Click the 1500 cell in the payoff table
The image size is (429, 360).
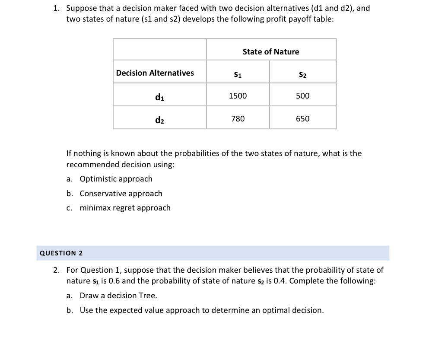pyautogui.click(x=238, y=96)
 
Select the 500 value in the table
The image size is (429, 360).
pyautogui.click(x=302, y=96)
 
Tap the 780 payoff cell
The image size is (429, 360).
pyautogui.click(x=238, y=118)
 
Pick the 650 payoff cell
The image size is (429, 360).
pyautogui.click(x=302, y=118)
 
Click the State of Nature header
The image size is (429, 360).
pyautogui.click(x=270, y=52)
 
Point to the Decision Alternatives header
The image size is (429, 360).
pyautogui.click(x=155, y=73)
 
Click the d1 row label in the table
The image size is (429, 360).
pyautogui.click(x=159, y=96)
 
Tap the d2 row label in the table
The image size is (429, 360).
pyautogui.click(x=159, y=119)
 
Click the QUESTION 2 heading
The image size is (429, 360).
pyautogui.click(x=61, y=253)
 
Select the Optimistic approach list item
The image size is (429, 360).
pyautogui.click(x=116, y=179)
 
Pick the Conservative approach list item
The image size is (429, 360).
pyautogui.click(x=121, y=194)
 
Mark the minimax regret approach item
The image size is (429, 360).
pyautogui.click(x=125, y=208)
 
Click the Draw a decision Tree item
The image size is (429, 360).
pyautogui.click(x=118, y=296)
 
